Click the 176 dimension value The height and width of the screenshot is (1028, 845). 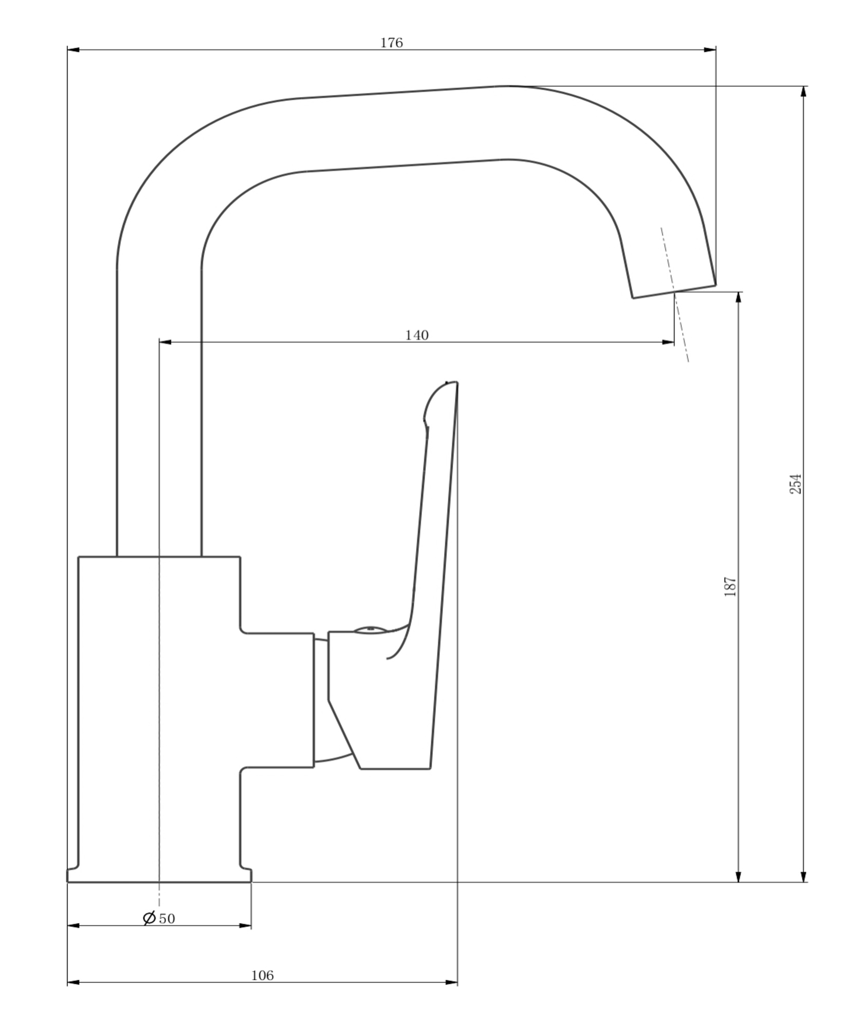point(391,43)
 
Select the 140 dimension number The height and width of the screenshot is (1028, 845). point(417,335)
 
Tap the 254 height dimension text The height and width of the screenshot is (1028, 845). point(795,484)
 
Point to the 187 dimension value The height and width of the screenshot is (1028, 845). point(730,587)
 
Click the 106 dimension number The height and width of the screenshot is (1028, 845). point(263,975)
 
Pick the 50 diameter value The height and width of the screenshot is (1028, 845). point(167,919)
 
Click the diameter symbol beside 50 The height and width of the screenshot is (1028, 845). point(149,918)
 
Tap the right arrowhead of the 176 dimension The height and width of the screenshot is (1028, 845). point(709,49)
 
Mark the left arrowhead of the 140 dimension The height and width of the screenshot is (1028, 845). point(166,342)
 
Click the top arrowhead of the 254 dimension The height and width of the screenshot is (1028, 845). point(804,92)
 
